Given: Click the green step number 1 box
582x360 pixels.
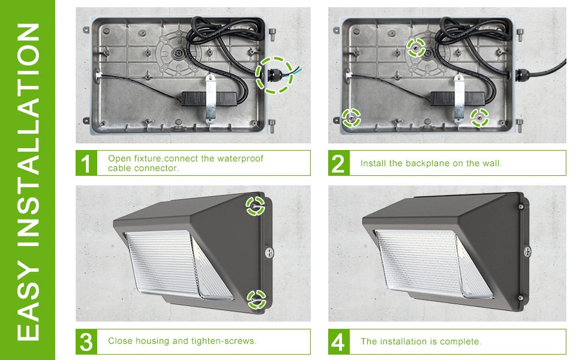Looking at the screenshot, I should [x=86, y=163].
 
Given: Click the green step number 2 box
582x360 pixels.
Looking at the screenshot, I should [x=339, y=163].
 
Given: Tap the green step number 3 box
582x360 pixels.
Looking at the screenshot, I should [x=86, y=341].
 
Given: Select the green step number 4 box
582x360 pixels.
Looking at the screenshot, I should [x=339, y=341].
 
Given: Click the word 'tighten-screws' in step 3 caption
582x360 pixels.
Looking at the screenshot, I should [x=226, y=341].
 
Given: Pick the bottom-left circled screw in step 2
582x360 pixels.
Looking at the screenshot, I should [x=351, y=118].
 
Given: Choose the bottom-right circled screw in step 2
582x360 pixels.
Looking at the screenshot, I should [x=479, y=118].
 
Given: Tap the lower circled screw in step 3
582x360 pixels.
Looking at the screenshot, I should [x=256, y=298].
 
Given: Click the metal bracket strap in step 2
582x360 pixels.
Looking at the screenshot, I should [x=460, y=97].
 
